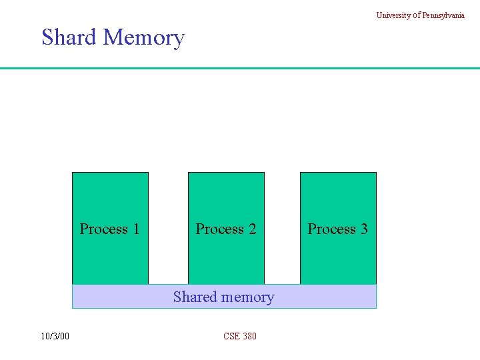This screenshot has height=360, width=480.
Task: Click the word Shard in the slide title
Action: pyautogui.click(x=69, y=37)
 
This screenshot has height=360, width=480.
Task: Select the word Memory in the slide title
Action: pyautogui.click(x=144, y=38)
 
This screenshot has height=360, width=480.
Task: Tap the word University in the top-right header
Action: pyautogui.click(x=393, y=15)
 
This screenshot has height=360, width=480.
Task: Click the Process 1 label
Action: pyautogui.click(x=109, y=229)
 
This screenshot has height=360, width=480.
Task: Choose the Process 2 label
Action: pyautogui.click(x=225, y=229)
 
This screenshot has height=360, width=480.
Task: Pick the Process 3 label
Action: pyautogui.click(x=337, y=229)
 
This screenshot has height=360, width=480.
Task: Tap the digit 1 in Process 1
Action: pyautogui.click(x=136, y=229)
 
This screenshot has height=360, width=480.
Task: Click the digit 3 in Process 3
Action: pyautogui.click(x=364, y=229)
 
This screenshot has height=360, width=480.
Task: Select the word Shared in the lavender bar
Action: pyautogui.click(x=194, y=297)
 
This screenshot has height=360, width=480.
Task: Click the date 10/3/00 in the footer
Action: pyautogui.click(x=54, y=336)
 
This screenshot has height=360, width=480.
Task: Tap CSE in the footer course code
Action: pyautogui.click(x=231, y=336)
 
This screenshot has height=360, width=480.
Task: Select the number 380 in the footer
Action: pyautogui.click(x=249, y=336)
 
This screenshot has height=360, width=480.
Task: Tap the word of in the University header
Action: pyautogui.click(x=416, y=15)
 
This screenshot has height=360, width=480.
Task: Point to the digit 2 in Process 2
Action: pyautogui.click(x=252, y=229)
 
